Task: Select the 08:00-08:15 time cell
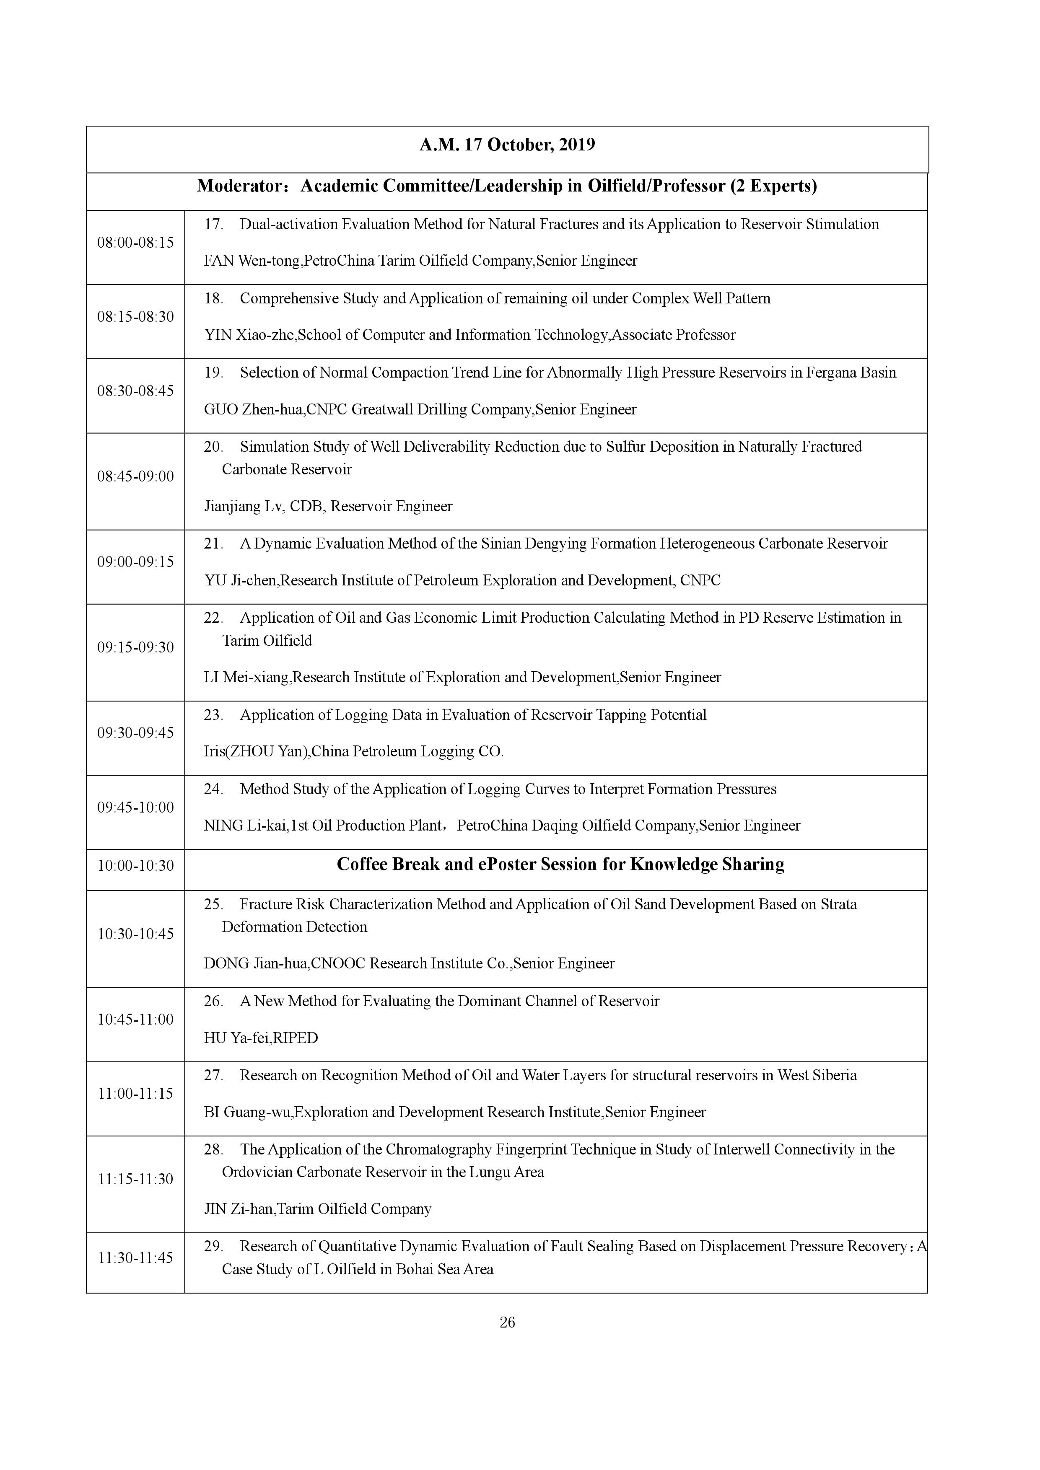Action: coord(135,243)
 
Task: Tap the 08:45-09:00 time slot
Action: coord(135,476)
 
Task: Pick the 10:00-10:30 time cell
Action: coord(135,866)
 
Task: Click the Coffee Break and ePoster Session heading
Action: coord(560,865)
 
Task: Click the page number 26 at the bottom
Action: coord(507,1323)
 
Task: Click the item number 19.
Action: coord(213,373)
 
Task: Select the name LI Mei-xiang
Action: coord(246,677)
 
